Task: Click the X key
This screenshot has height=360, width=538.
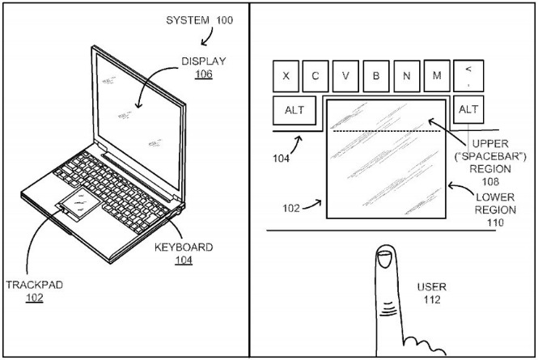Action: (286, 76)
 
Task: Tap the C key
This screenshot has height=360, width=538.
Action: (316, 76)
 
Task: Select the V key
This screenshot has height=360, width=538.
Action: (345, 76)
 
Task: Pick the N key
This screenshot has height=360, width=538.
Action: (407, 76)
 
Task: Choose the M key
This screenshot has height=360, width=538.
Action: (437, 75)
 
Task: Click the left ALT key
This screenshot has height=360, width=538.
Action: (294, 110)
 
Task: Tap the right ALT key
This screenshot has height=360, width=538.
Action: (468, 109)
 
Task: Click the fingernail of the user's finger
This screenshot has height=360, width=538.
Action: (384, 259)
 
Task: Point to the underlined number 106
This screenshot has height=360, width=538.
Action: (204, 74)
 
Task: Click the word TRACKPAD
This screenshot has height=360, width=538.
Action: (34, 285)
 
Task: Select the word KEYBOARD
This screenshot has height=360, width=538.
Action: (184, 248)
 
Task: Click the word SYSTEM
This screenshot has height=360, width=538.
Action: (188, 20)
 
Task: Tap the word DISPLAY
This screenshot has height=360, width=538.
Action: (203, 61)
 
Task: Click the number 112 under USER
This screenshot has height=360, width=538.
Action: (432, 299)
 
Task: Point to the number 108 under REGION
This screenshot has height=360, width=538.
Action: (490, 181)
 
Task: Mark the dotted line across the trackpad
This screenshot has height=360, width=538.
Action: (387, 131)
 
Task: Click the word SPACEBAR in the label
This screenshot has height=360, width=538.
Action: (490, 156)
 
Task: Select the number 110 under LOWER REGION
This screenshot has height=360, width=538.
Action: (495, 222)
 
